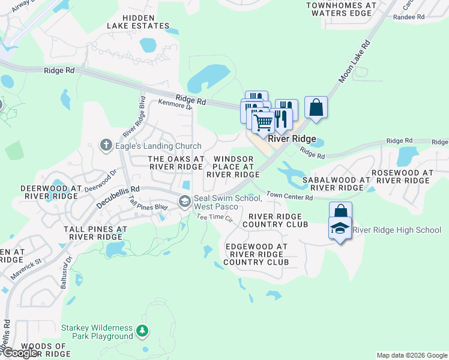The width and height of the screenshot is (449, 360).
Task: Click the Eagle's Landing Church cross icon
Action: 106,145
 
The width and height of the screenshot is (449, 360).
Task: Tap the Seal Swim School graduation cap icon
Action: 185,200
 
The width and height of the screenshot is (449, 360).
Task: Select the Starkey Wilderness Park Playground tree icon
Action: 142,331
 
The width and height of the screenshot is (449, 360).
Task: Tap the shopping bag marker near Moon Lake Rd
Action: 316,108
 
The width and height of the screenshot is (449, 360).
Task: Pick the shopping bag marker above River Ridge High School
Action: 340,212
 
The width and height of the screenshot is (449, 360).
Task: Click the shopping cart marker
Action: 263,123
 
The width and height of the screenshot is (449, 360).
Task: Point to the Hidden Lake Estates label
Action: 138,22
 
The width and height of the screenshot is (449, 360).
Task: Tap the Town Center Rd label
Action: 290,196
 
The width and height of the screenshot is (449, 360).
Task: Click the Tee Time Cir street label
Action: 214,218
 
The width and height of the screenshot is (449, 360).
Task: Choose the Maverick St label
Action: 25,263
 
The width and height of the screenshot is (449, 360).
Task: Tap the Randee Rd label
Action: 408,17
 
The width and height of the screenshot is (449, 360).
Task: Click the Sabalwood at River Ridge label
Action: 336,184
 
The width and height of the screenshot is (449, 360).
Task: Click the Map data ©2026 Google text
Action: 411,355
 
